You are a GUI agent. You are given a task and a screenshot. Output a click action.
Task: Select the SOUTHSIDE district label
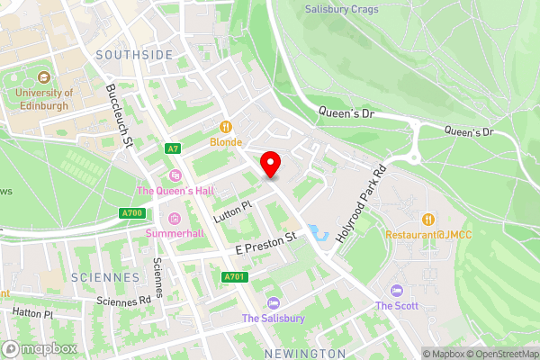tap(135, 55)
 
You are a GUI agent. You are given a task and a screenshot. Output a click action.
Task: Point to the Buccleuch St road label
tap(120, 116)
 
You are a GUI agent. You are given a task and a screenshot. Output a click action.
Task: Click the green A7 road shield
tap(173, 148)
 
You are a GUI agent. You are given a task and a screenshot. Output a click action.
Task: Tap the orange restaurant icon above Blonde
tap(226, 127)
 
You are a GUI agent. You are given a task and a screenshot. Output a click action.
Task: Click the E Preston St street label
tap(265, 240)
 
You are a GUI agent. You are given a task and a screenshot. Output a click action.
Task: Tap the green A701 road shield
tap(234, 276)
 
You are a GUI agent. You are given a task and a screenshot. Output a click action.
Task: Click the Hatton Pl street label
tap(32, 312)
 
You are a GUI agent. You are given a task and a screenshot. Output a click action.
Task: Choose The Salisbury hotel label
tap(273, 319)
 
